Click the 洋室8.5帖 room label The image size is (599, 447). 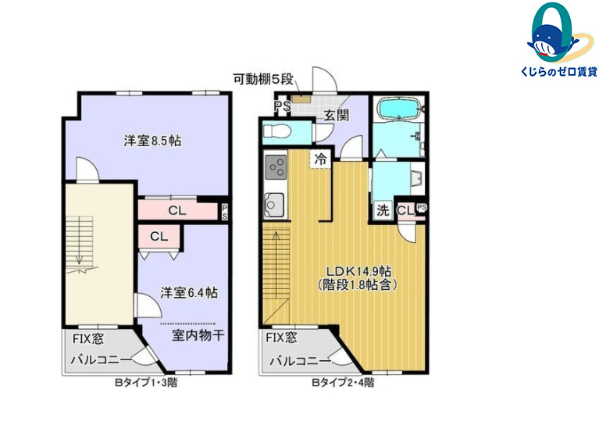click(152, 141)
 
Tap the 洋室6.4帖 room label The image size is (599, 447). click(189, 292)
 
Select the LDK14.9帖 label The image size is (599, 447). click(358, 271)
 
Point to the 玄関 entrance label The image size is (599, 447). click(337, 115)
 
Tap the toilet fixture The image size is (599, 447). click(278, 131)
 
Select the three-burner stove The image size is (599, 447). click(276, 166)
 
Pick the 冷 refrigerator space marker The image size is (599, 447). click(320, 159)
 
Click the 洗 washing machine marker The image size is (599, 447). click(383, 210)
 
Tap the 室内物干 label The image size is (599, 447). click(198, 335)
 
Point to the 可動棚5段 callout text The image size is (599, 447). click(263, 80)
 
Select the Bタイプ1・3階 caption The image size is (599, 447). click(146, 382)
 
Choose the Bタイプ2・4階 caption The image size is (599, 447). click(343, 382)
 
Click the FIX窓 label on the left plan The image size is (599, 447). click(88, 339)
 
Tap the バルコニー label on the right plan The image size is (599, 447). click(300, 361)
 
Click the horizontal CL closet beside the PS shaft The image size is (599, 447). click(177, 210)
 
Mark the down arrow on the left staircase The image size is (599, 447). click(80, 241)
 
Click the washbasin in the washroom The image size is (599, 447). click(416, 177)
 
